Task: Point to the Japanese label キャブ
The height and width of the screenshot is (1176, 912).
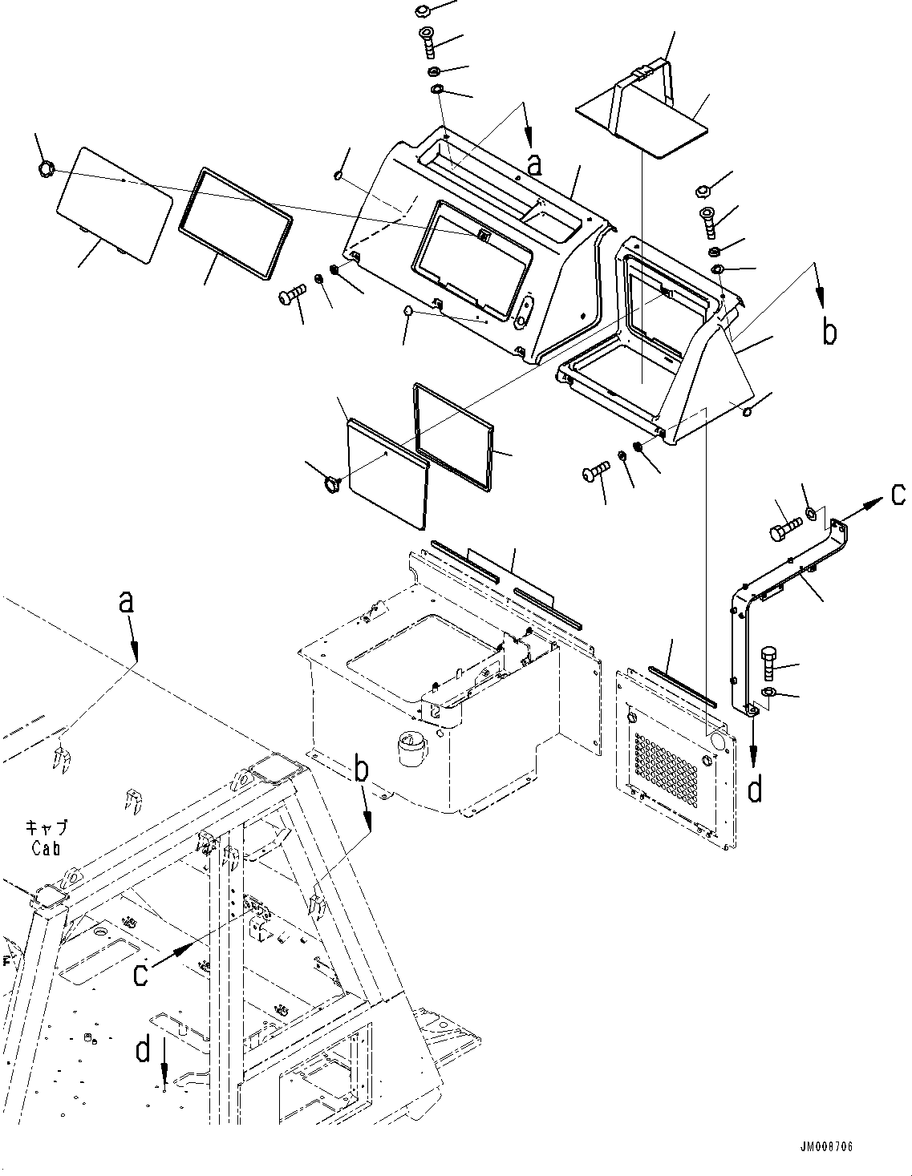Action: (x=46, y=828)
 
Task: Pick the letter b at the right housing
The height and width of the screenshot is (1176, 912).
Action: (x=829, y=331)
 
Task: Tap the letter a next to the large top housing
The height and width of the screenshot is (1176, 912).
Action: (x=534, y=164)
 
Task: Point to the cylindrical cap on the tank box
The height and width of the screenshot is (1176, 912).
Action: (x=410, y=749)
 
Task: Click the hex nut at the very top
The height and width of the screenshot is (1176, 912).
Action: (x=423, y=11)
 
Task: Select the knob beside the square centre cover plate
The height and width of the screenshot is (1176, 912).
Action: (x=331, y=482)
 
